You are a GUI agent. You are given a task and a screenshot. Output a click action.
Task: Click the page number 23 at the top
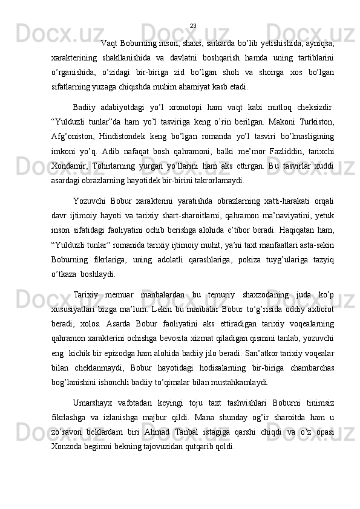point(193,25)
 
